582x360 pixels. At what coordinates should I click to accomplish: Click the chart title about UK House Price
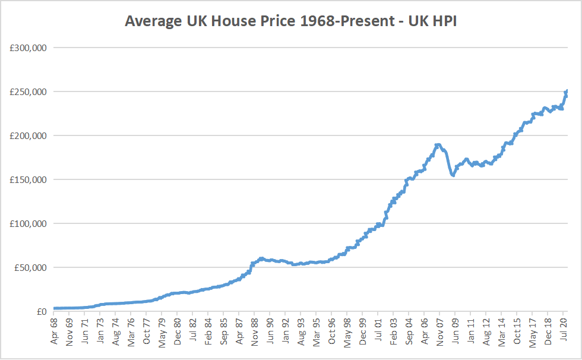pyautogui.click(x=290, y=21)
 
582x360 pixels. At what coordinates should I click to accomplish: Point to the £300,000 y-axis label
pyautogui.click(x=29, y=48)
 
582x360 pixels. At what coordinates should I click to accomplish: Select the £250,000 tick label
pyautogui.click(x=29, y=91)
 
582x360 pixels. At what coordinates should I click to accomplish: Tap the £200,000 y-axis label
pyautogui.click(x=29, y=135)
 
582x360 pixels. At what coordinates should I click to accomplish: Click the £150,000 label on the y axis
pyautogui.click(x=29, y=179)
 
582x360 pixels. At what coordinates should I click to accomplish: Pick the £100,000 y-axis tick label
pyautogui.click(x=29, y=223)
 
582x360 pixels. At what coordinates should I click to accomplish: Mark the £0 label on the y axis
pyautogui.click(x=40, y=311)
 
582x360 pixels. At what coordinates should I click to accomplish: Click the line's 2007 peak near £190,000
pyautogui.click(x=438, y=144)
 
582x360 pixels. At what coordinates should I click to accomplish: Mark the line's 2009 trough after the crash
pyautogui.click(x=453, y=175)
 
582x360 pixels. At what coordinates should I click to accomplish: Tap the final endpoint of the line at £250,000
pyautogui.click(x=567, y=91)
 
